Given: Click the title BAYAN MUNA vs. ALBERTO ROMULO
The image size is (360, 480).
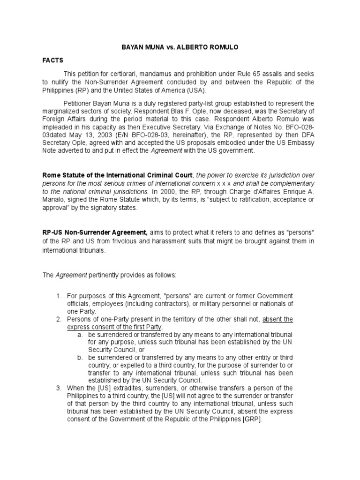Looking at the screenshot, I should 180,48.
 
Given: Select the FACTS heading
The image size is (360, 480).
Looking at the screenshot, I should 53,61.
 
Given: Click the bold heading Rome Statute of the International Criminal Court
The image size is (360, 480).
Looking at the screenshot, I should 117,175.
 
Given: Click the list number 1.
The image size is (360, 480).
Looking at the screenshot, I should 59,296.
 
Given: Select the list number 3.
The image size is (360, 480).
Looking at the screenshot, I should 59,388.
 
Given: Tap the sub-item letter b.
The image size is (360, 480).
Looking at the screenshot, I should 80,357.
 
